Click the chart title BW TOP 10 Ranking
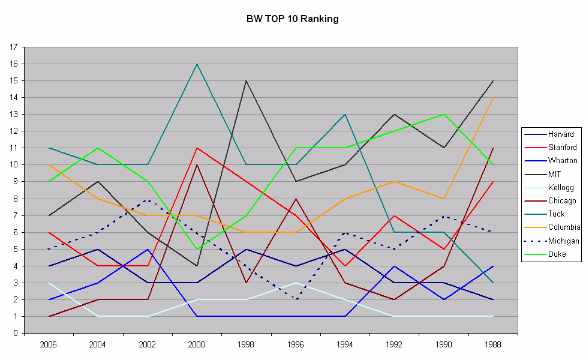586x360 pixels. (x=293, y=19)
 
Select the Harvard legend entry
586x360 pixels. (x=561, y=134)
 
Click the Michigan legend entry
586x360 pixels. (x=563, y=241)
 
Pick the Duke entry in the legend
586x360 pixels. (x=557, y=254)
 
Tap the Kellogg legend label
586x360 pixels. (x=560, y=188)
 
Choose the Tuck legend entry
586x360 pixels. (x=556, y=214)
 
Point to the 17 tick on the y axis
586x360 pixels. (x=13, y=47)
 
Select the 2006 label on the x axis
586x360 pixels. (x=48, y=345)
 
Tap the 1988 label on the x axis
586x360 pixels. (x=492, y=345)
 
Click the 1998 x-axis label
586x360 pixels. (x=246, y=345)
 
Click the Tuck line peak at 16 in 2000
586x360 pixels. (x=197, y=64)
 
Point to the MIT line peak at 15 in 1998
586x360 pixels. (x=246, y=80)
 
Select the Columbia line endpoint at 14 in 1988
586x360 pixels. (x=492, y=97)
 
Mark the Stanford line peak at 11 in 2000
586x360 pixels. (x=197, y=148)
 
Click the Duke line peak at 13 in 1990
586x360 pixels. (x=443, y=114)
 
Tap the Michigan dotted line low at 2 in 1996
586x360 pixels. (x=295, y=299)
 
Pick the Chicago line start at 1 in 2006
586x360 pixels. (x=49, y=316)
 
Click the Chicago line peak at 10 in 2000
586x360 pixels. (x=197, y=164)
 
